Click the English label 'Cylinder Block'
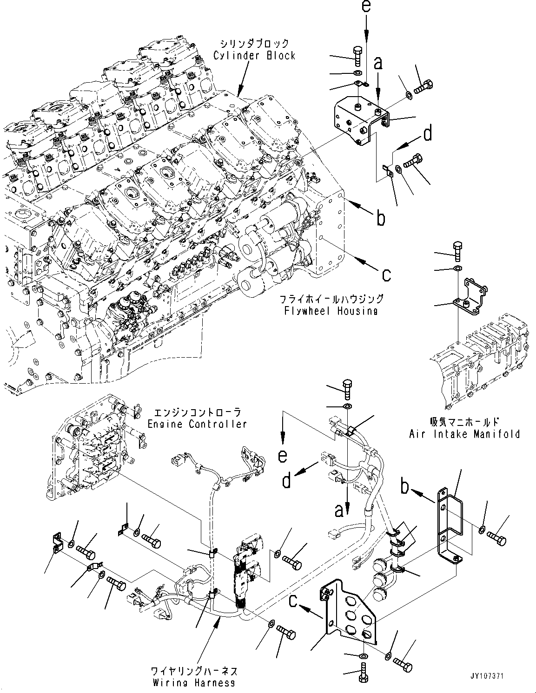tap(254, 56)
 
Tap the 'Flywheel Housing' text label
tap(331, 311)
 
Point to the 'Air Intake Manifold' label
tap(464, 434)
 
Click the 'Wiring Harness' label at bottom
tap(194, 683)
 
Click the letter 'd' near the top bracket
tap(427, 134)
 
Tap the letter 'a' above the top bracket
tap(379, 63)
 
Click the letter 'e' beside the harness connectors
tap(283, 456)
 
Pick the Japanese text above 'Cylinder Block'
tap(254, 44)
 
